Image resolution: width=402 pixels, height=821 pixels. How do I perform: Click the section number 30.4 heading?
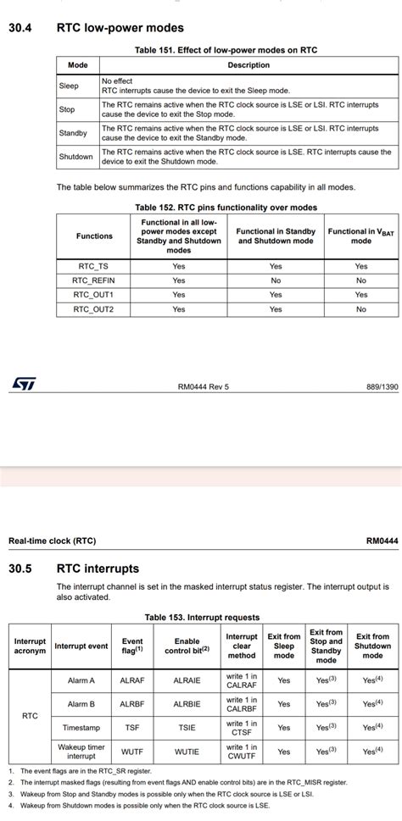(x=20, y=28)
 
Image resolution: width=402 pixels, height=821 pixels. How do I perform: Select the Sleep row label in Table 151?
(x=69, y=86)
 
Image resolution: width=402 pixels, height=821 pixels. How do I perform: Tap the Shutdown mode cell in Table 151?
(x=75, y=157)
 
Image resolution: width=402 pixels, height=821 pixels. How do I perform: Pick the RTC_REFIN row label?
(x=93, y=280)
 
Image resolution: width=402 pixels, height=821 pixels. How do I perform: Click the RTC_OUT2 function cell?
(x=93, y=309)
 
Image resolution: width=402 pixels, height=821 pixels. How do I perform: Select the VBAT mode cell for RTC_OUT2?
(x=360, y=309)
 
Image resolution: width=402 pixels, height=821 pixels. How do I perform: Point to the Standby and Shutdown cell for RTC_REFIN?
(x=276, y=280)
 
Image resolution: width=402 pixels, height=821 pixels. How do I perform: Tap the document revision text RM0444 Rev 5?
(x=203, y=386)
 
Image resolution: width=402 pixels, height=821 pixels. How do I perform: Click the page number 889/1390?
(x=381, y=386)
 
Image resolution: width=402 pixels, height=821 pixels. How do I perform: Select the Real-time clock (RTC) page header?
(x=52, y=541)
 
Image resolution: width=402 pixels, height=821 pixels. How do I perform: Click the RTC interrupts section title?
(x=98, y=569)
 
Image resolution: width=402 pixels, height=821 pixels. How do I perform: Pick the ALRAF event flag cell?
(x=132, y=680)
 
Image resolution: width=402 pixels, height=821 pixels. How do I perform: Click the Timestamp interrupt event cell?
(x=81, y=727)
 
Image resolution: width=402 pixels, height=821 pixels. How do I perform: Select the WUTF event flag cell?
(x=132, y=752)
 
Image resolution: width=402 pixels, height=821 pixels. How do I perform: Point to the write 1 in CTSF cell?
(x=242, y=727)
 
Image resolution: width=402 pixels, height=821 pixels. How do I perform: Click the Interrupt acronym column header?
(x=31, y=646)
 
